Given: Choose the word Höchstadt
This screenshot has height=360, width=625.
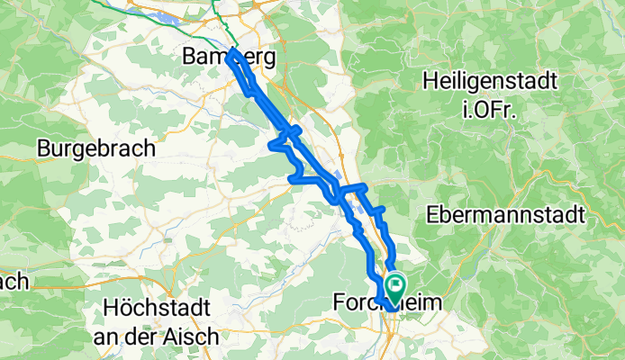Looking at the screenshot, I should click(155, 304).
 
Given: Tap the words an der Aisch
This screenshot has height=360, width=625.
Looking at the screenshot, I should click(157, 336).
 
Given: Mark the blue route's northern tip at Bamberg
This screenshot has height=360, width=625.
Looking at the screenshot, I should click(232, 54).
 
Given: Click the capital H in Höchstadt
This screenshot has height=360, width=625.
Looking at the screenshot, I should click(110, 304).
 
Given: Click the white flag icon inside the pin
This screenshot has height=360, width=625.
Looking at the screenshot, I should click(394, 284).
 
